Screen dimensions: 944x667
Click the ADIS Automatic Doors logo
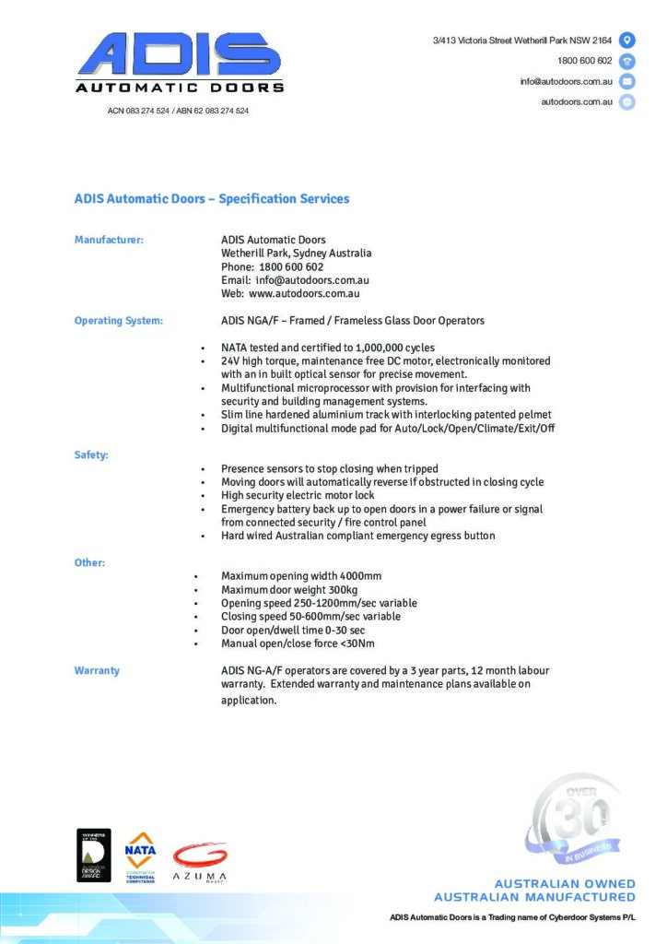(179, 64)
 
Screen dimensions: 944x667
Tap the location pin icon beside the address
(627, 40)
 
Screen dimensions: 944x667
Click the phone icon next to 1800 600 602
(627, 61)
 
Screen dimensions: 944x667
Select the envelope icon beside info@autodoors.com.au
(627, 81)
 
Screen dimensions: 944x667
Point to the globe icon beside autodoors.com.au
(627, 101)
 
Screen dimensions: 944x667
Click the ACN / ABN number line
(178, 111)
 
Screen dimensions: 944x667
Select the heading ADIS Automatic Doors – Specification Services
(211, 198)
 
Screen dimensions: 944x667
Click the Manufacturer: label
(109, 240)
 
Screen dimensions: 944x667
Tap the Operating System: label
(118, 321)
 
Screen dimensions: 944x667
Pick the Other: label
(89, 562)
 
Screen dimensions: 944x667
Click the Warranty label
(97, 670)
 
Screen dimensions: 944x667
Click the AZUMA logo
(200, 861)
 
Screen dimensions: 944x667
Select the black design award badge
(93, 855)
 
